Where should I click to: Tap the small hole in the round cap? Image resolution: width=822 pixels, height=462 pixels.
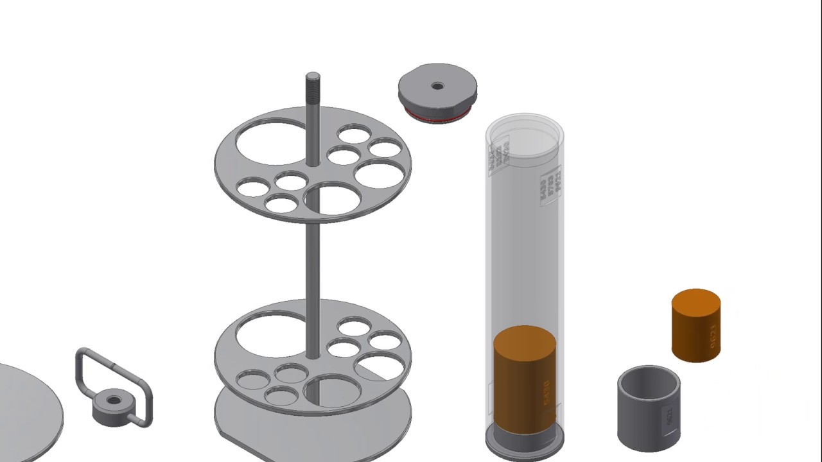click(x=437, y=86)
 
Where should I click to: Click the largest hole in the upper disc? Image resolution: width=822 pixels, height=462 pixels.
click(x=271, y=142)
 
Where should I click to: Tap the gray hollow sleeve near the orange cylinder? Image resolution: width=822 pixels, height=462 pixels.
click(x=642, y=411)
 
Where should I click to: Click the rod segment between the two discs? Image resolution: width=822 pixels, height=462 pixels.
click(x=313, y=269)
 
